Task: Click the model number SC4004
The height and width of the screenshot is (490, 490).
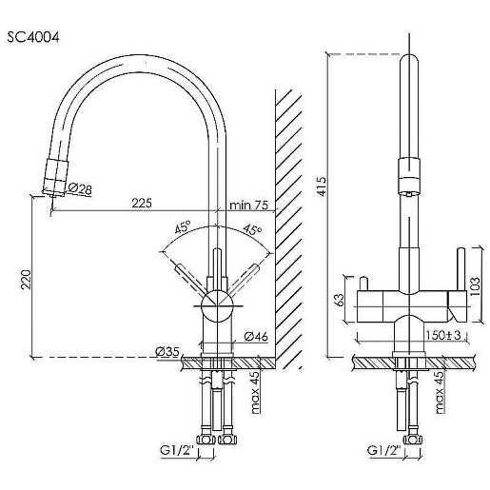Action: (33, 38)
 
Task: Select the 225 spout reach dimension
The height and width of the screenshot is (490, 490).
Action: (142, 203)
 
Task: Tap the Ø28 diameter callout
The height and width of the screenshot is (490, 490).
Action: (80, 188)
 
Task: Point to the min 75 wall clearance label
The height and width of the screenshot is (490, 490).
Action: (249, 206)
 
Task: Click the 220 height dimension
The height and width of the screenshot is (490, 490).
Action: (26, 279)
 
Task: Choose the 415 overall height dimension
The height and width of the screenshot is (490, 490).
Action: (321, 186)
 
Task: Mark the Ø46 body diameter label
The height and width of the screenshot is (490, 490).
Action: (256, 337)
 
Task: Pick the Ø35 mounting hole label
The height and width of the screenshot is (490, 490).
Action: (167, 351)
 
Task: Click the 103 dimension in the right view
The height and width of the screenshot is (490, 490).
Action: (475, 286)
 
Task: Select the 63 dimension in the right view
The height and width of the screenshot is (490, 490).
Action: (339, 300)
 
